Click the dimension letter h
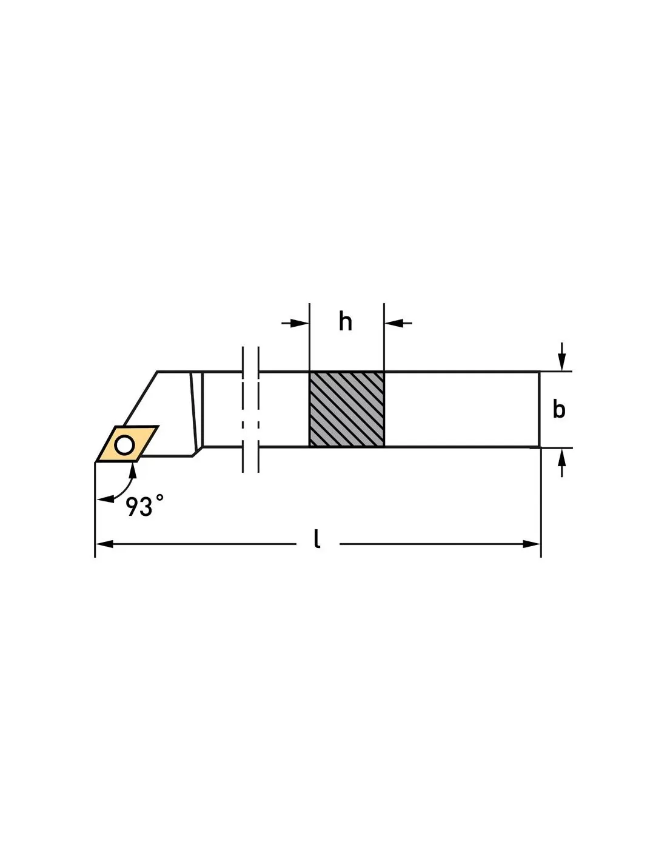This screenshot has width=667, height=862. [345, 322]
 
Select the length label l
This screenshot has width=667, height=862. [317, 539]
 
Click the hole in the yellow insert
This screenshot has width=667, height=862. [124, 445]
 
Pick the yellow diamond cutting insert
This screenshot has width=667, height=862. [127, 444]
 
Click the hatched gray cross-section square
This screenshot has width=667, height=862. [346, 409]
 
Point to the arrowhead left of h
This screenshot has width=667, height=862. [300, 323]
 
